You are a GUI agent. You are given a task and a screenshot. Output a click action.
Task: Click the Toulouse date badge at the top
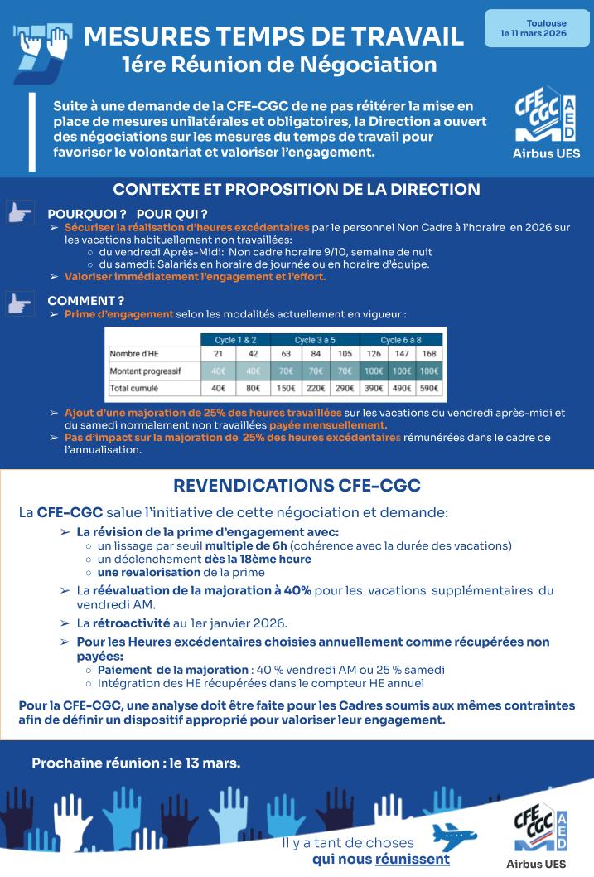[x=534, y=28]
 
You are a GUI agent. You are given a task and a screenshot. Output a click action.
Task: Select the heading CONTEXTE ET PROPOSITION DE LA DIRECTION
[x=297, y=189]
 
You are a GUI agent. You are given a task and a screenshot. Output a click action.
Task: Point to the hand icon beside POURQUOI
[x=20, y=214]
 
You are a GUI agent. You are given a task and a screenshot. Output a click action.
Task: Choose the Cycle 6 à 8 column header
[x=401, y=340]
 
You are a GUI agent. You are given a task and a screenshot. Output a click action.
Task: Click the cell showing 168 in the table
[x=430, y=355]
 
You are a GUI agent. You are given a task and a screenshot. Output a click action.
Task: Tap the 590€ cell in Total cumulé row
[x=430, y=388]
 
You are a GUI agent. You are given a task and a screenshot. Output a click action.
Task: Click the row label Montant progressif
[x=145, y=371]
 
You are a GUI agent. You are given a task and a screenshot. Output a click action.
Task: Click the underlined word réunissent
[x=412, y=859]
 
